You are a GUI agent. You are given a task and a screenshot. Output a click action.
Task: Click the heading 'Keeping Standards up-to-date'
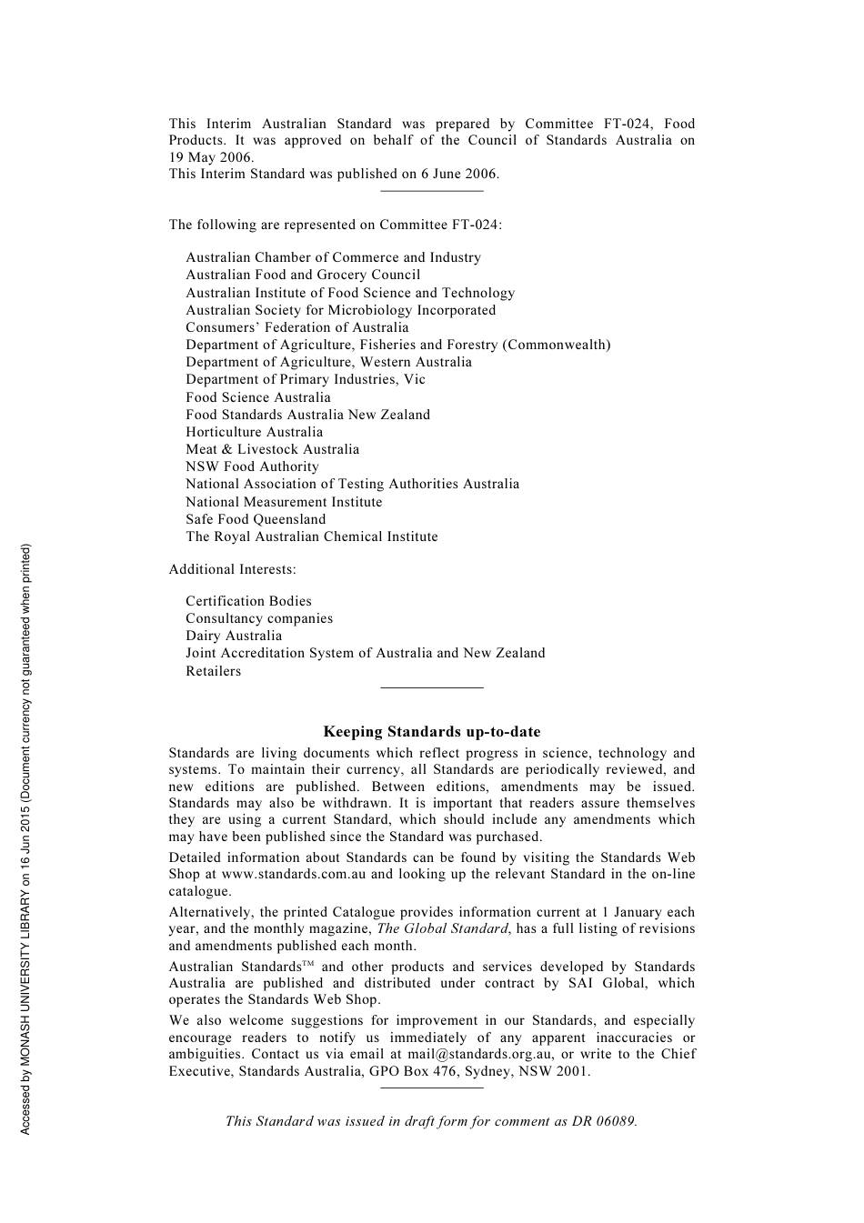pyautogui.click(x=432, y=732)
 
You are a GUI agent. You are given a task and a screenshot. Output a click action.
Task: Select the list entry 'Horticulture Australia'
pyautogui.click(x=254, y=432)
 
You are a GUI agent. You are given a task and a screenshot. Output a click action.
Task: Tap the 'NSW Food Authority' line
pyautogui.click(x=252, y=466)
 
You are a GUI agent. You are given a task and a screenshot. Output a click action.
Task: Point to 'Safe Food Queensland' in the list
pyautogui.click(x=256, y=519)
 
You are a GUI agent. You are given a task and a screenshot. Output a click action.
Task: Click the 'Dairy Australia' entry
pyautogui.click(x=234, y=636)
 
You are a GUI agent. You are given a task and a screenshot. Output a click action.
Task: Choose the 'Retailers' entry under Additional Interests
pyautogui.click(x=214, y=671)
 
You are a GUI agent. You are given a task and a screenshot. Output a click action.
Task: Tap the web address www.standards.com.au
pyautogui.click(x=294, y=874)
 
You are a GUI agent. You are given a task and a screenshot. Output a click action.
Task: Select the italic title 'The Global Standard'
pyautogui.click(x=442, y=928)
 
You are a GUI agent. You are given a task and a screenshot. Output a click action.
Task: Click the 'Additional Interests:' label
pyautogui.click(x=232, y=569)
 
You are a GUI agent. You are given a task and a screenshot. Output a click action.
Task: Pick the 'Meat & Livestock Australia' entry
pyautogui.click(x=272, y=449)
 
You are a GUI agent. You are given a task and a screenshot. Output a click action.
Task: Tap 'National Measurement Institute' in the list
pyautogui.click(x=284, y=502)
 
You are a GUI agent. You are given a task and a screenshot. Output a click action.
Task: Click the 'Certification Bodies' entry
pyautogui.click(x=248, y=601)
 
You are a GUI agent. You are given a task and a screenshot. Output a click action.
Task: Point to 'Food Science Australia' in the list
pyautogui.click(x=258, y=397)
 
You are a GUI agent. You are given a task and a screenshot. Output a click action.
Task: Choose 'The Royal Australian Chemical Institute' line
pyautogui.click(x=312, y=536)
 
